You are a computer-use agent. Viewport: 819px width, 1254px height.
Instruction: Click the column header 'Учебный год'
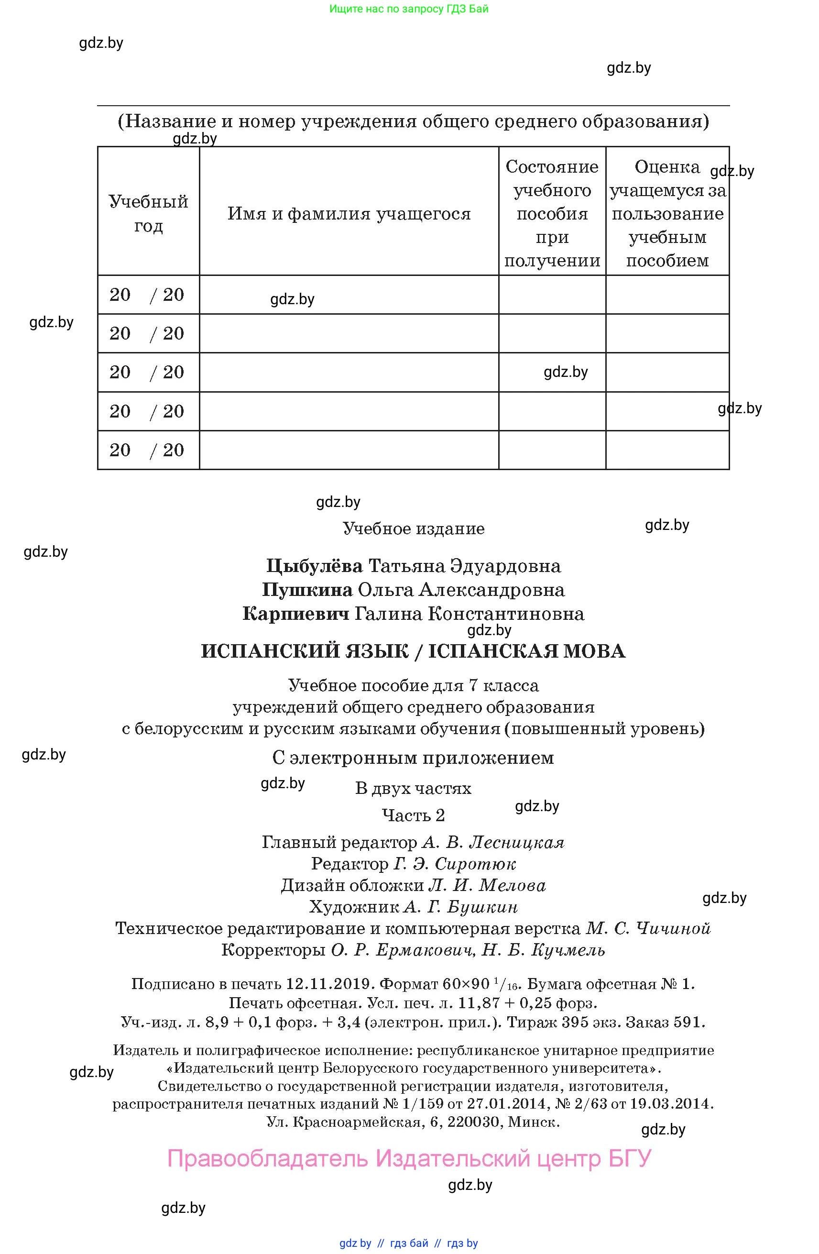click(148, 213)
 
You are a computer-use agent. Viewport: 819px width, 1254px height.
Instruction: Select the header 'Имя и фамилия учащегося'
click(349, 214)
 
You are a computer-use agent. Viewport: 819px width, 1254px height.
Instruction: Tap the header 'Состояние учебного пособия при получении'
click(552, 213)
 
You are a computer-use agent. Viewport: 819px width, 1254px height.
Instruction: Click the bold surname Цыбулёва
click(314, 566)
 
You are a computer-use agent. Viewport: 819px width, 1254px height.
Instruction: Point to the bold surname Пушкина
click(307, 590)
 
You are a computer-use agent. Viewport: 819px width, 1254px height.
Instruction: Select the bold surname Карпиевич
click(295, 614)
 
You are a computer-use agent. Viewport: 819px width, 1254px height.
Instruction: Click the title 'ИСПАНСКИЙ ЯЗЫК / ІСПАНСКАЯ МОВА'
click(413, 651)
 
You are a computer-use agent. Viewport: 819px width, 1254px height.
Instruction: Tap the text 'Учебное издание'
click(414, 528)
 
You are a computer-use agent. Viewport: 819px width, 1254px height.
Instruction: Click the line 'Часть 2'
click(413, 815)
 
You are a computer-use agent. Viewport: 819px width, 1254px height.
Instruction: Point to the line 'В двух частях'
click(413, 788)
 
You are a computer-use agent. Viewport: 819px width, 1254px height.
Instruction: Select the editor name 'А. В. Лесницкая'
click(493, 843)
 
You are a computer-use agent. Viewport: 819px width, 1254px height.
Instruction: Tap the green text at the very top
click(409, 9)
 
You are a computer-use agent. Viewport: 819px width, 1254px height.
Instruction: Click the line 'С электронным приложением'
click(413, 758)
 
